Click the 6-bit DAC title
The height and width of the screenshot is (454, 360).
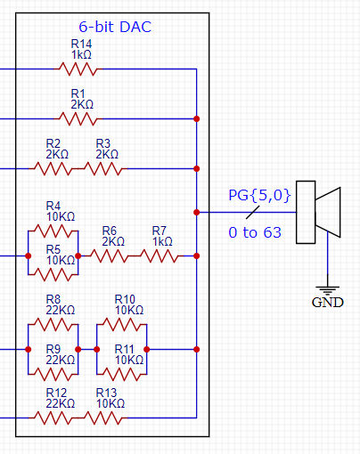click(x=114, y=27)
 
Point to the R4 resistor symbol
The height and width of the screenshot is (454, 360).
click(x=53, y=231)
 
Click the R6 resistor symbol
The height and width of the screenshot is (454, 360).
click(x=109, y=255)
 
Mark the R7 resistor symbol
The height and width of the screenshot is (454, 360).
click(x=158, y=255)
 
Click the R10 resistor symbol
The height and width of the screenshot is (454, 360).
click(x=121, y=325)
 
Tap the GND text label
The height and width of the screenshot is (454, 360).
click(x=327, y=302)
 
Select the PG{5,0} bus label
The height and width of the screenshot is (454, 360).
click(x=259, y=194)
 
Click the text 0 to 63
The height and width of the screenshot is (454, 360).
click(x=255, y=233)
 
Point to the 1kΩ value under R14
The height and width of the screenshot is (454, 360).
click(x=81, y=53)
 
